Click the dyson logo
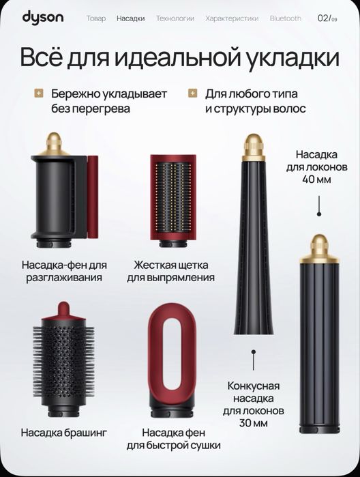42,17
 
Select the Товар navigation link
96,18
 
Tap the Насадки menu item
130,18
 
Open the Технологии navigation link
175,18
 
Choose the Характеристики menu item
232,18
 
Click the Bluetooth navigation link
285,18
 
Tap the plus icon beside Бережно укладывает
39,93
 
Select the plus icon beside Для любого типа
193,93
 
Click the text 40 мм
318,181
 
